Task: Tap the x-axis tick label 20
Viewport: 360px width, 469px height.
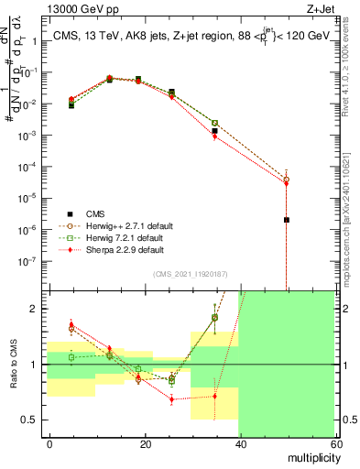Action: (146, 443)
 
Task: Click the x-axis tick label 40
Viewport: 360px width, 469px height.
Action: (241, 443)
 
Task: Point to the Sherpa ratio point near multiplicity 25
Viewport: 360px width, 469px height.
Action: (171, 399)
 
